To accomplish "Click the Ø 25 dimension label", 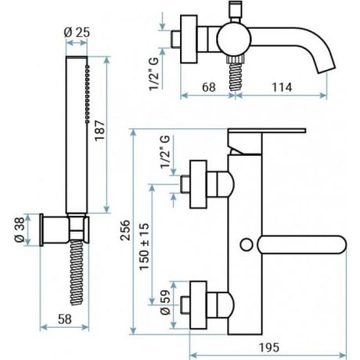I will (75, 33).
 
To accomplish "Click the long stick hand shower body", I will (76, 137).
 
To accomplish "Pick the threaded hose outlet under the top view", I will (232, 74).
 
